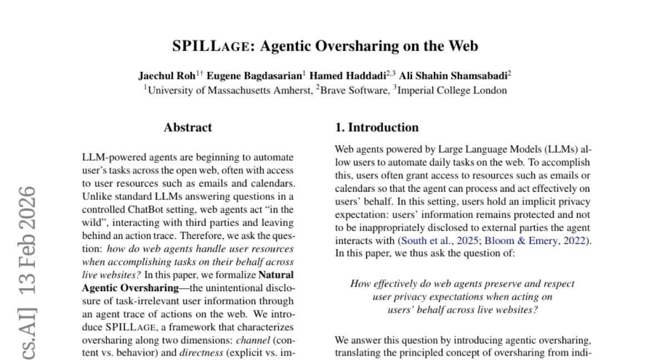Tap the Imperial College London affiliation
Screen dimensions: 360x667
[451, 90]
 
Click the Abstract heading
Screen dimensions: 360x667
[188, 127]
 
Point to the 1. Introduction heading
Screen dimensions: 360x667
[376, 127]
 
